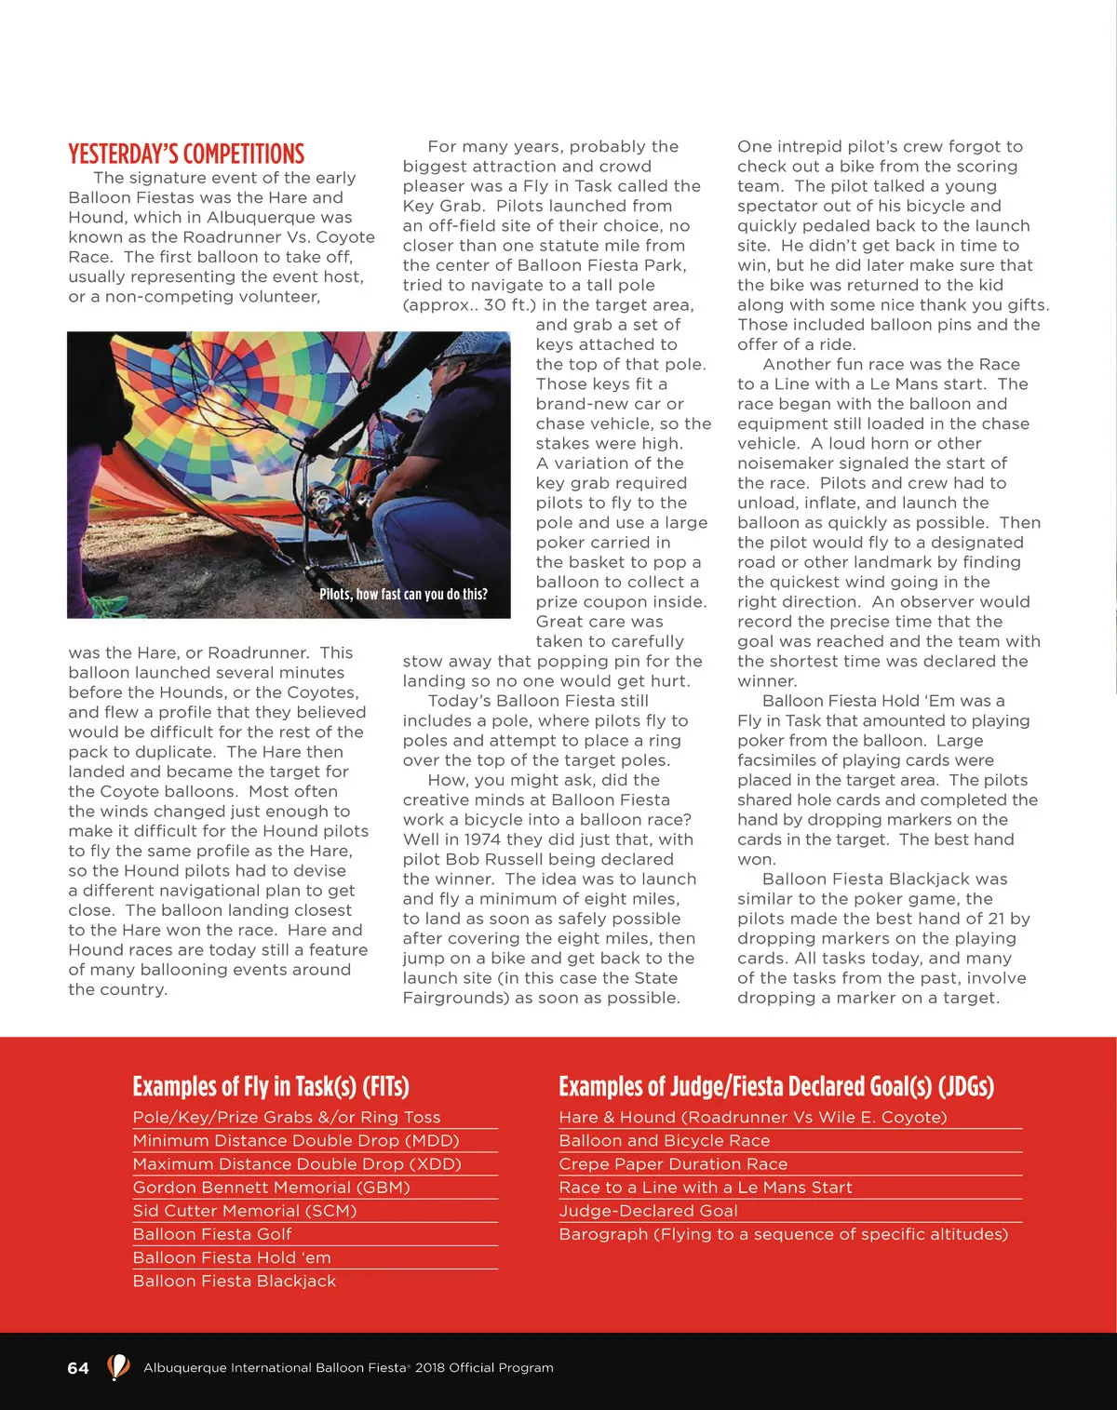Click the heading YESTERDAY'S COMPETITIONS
186,154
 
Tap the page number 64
78,1368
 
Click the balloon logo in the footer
117,1367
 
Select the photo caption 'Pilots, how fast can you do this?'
403,594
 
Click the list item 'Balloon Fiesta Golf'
212,1234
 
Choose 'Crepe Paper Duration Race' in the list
673,1164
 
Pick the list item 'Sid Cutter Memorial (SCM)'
245,1211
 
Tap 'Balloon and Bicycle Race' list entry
665,1141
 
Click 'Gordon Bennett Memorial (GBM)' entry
271,1188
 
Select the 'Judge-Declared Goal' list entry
648,1211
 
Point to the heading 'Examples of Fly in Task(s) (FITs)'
271,1087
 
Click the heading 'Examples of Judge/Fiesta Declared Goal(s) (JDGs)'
776,1087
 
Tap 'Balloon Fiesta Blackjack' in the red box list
235,1282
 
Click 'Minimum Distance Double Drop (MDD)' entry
296,1141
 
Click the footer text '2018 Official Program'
484,1368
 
